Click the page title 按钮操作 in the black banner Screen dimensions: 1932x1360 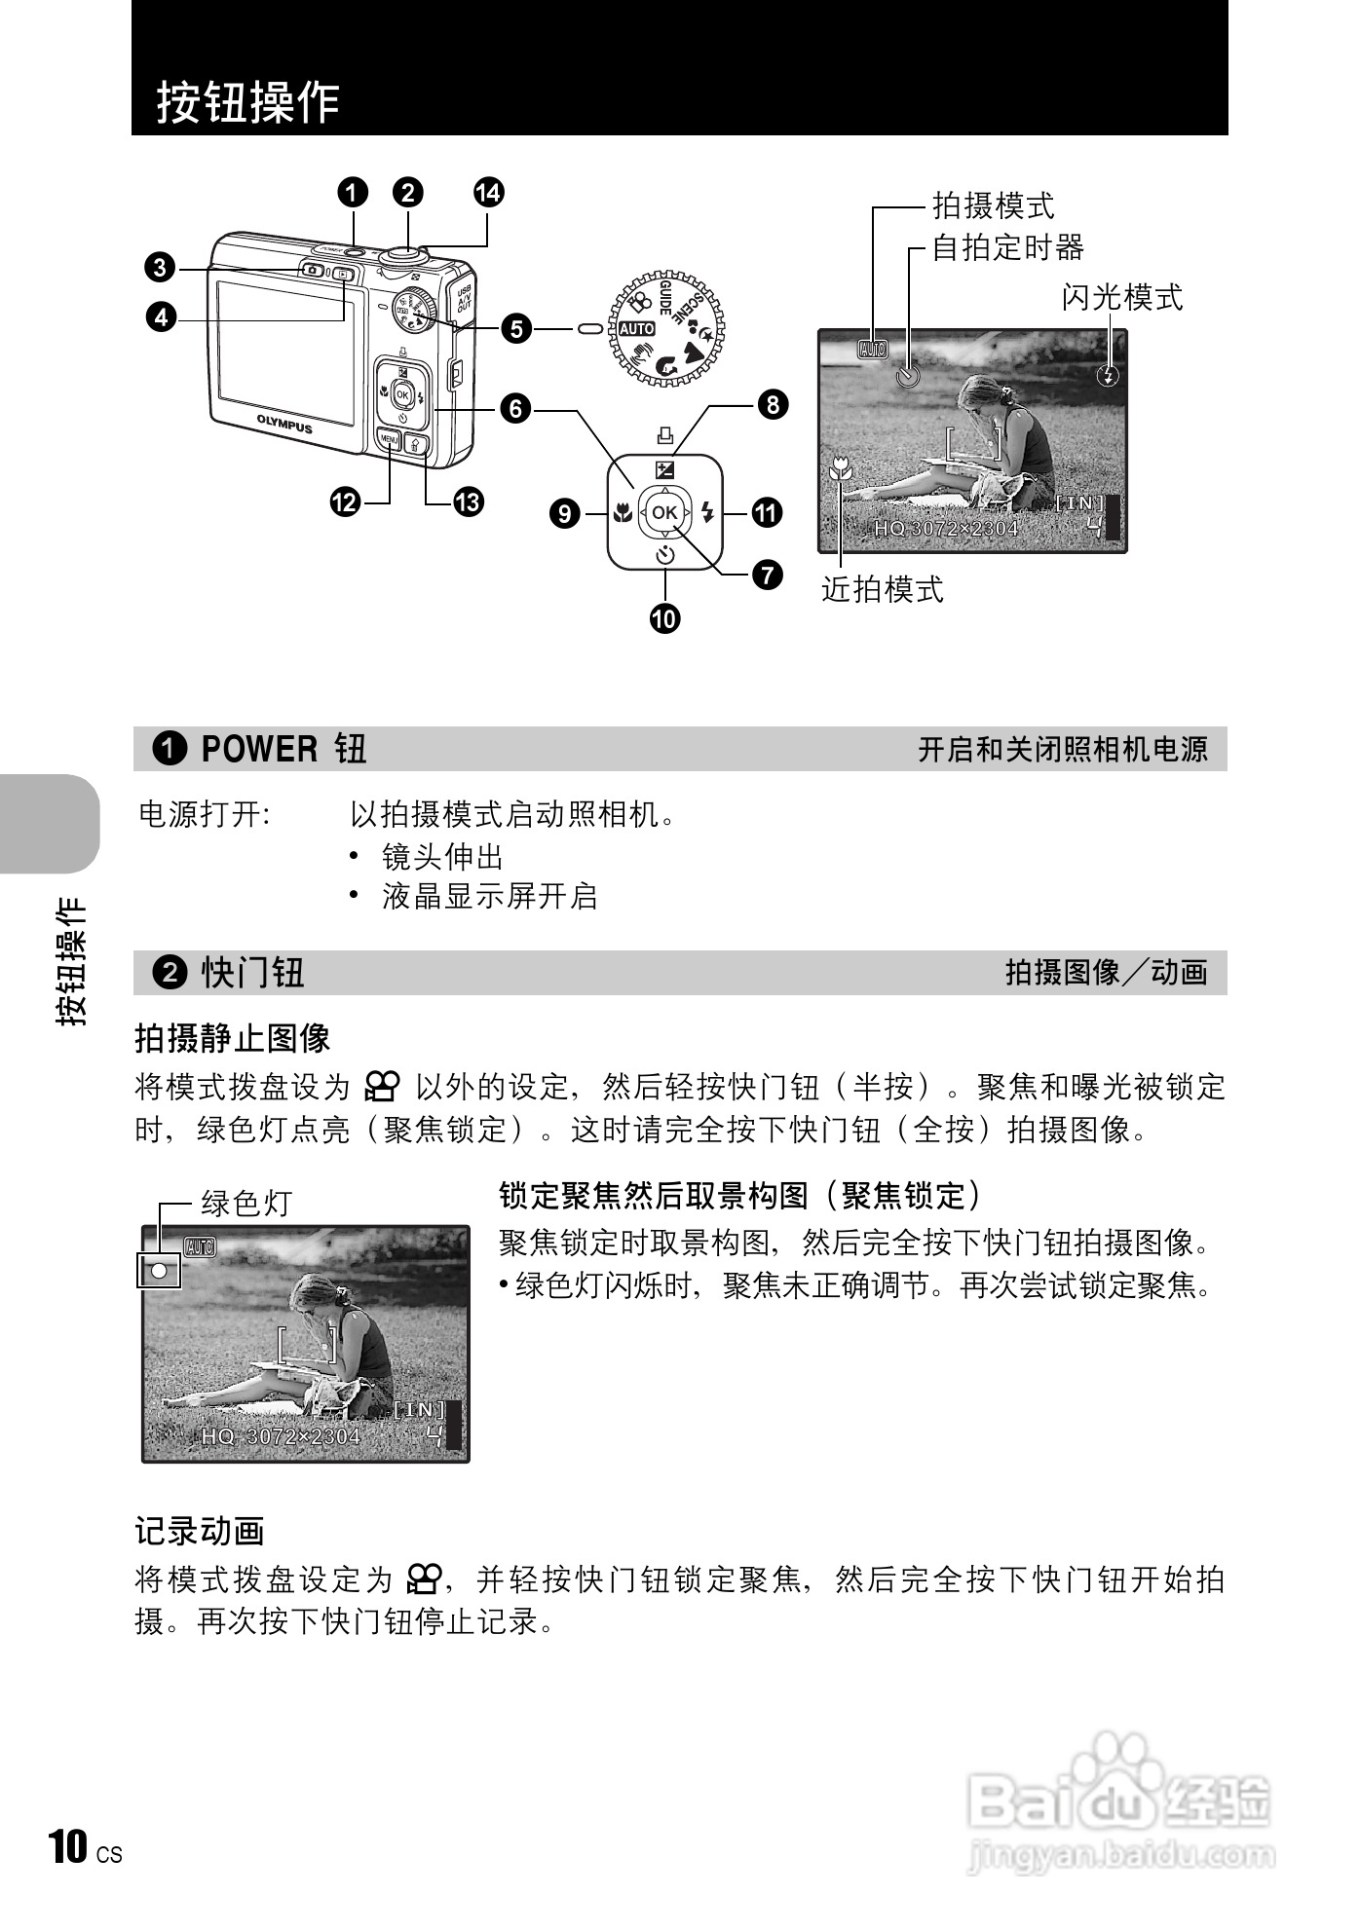coord(248,101)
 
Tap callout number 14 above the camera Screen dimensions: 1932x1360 coord(488,192)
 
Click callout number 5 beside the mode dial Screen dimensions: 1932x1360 coord(516,328)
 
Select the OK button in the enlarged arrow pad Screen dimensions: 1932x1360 coord(664,512)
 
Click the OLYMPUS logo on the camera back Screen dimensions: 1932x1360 coord(284,425)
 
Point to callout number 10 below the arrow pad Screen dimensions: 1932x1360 coord(665,618)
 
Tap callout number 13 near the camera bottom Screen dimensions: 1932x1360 coord(469,502)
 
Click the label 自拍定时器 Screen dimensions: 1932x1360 coord(1008,247)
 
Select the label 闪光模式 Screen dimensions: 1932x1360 coord(1122,296)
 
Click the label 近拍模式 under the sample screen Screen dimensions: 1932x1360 coord(883,588)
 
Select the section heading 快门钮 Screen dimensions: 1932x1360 coord(253,972)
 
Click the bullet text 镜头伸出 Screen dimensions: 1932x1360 coord(442,857)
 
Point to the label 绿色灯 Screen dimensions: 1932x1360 coord(246,1204)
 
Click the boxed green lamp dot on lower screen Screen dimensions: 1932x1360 coord(159,1270)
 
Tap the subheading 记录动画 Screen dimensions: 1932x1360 coord(200,1531)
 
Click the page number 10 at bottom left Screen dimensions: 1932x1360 coord(68,1846)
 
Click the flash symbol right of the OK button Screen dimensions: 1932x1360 coord(707,512)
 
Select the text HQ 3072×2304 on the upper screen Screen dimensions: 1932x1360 coord(946,529)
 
